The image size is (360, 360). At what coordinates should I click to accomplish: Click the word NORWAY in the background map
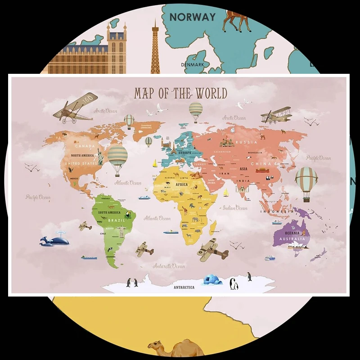[x=193, y=17]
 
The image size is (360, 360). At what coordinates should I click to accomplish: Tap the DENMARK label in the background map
[x=193, y=65]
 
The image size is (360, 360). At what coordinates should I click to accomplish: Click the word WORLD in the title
[x=211, y=94]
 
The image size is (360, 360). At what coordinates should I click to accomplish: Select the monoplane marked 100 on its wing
[x=74, y=108]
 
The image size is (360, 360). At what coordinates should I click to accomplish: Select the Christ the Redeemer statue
[x=121, y=230]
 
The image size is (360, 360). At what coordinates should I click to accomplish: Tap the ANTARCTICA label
[x=184, y=287]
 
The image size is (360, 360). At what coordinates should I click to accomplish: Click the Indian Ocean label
[x=235, y=208]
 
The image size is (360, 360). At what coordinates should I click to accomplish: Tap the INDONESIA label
[x=276, y=211]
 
